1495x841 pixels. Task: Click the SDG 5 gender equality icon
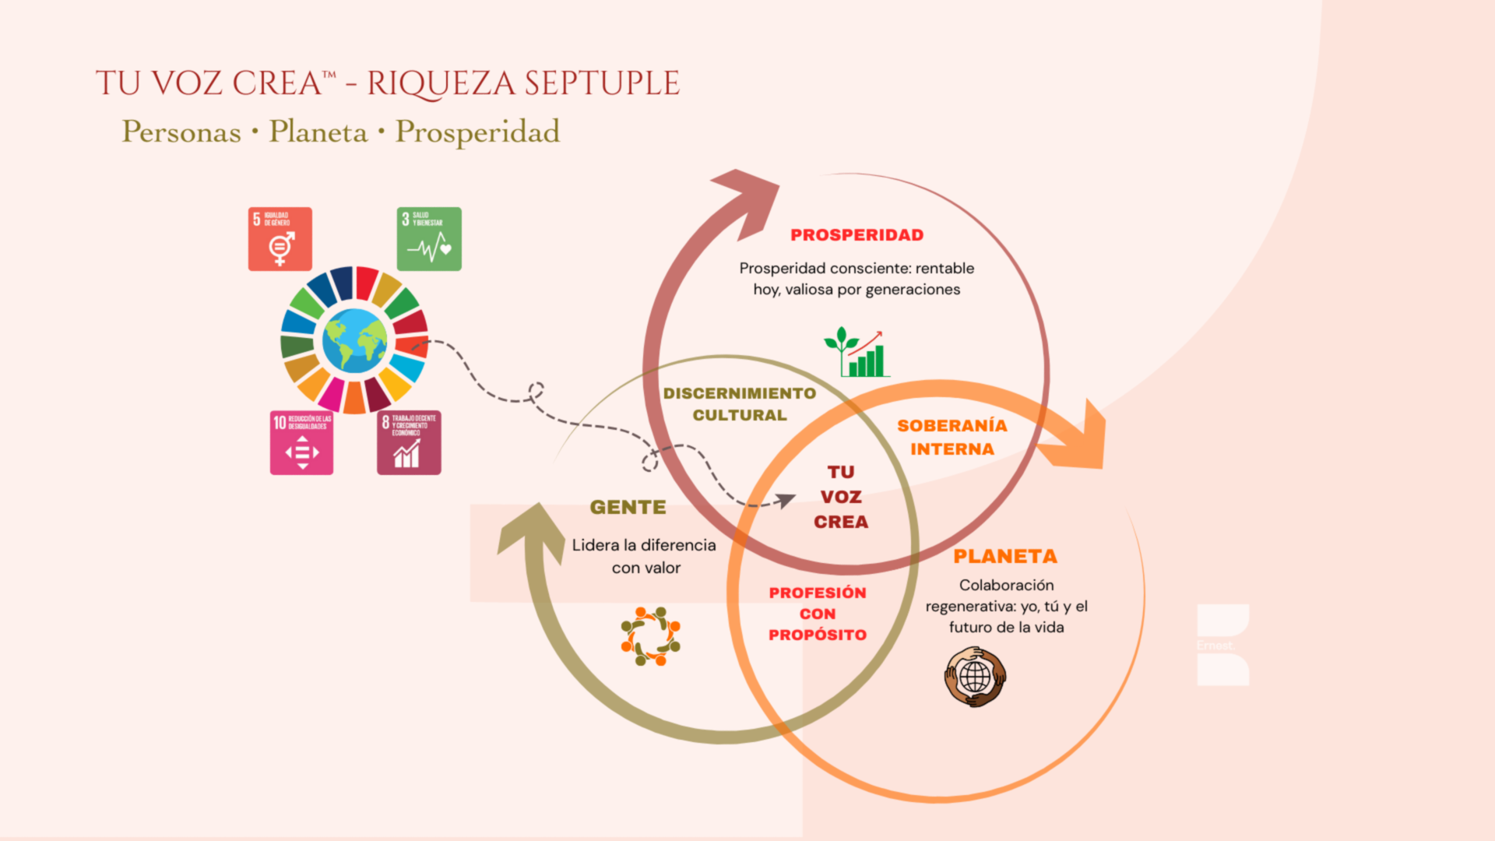(280, 239)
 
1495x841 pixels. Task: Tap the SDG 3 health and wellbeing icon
(429, 239)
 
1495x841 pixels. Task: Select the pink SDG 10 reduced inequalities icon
(301, 442)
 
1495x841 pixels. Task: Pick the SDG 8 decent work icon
(409, 442)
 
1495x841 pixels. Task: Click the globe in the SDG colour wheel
(354, 340)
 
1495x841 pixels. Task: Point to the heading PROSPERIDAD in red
(857, 235)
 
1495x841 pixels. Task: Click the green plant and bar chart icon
(857, 353)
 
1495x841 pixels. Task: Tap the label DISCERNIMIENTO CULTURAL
(739, 404)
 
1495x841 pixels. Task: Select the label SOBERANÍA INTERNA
(952, 437)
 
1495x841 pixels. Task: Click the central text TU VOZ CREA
(841, 497)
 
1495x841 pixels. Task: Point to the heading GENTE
(628, 507)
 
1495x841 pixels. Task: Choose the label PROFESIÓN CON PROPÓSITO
(817, 614)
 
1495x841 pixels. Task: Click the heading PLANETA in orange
(1005, 557)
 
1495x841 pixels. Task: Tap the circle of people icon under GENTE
(650, 636)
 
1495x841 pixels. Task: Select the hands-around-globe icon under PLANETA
(975, 677)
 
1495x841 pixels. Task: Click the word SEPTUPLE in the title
(601, 83)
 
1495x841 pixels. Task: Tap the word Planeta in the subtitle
(318, 132)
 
